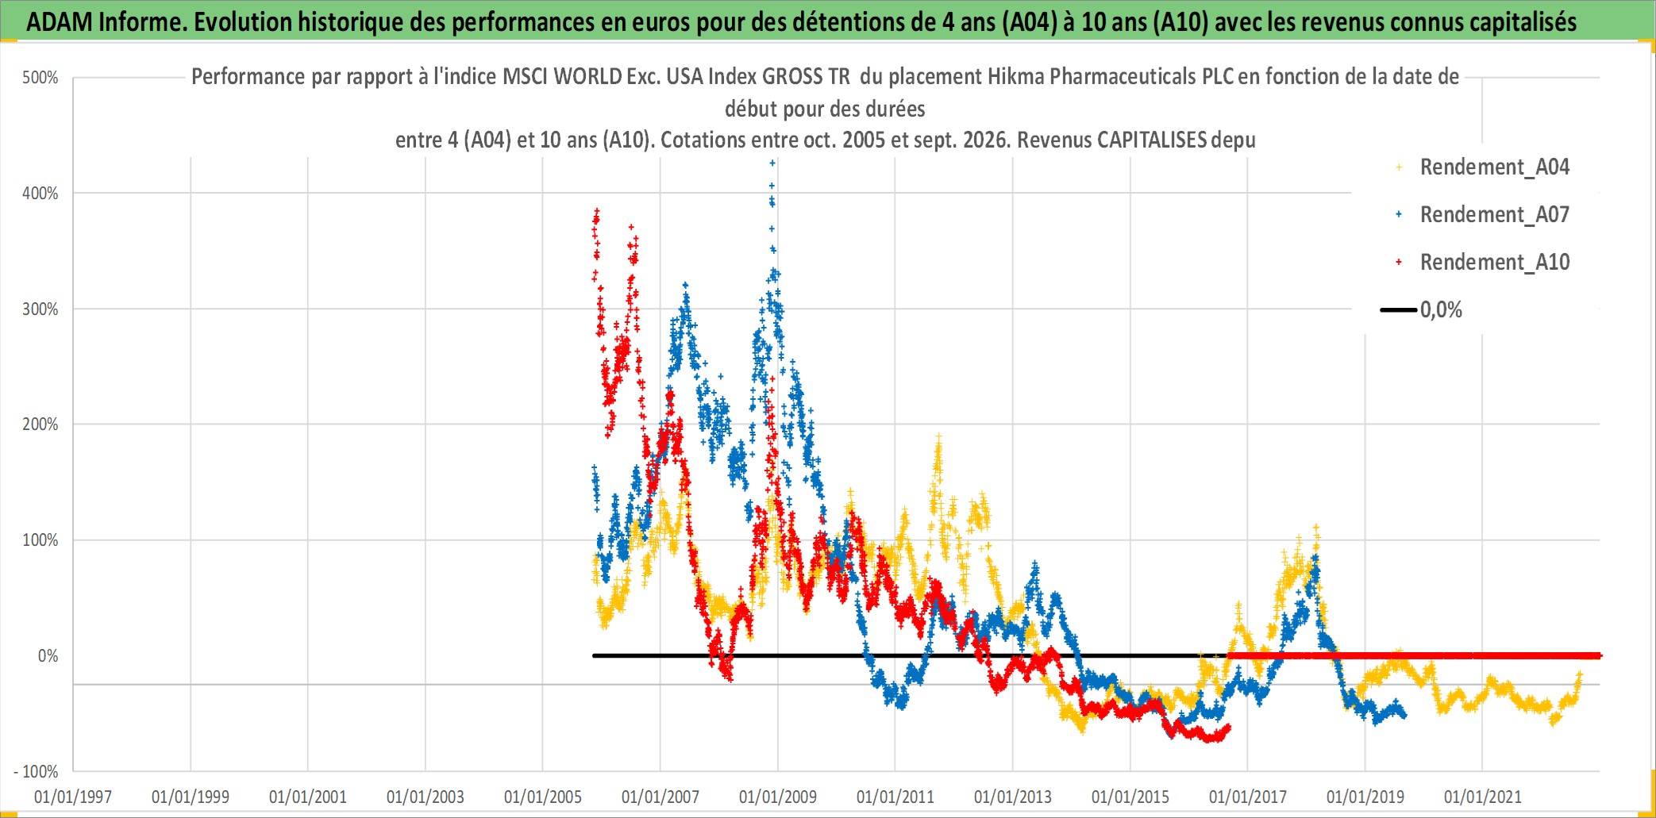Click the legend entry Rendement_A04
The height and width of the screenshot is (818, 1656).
point(1494,167)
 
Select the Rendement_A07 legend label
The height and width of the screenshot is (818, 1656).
point(1494,215)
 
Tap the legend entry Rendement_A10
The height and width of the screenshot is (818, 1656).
point(1494,263)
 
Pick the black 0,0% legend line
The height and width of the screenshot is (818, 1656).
point(1399,309)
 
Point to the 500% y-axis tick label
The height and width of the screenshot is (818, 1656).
point(40,78)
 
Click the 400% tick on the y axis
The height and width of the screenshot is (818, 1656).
point(40,194)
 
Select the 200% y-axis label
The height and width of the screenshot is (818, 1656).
point(40,424)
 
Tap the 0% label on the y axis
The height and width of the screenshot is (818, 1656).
point(48,656)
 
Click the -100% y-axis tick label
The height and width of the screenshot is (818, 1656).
point(37,771)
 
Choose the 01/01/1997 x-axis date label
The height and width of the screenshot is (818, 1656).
point(73,797)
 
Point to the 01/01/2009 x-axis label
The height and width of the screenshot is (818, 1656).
point(778,797)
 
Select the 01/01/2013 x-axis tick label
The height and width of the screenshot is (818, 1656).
point(1013,797)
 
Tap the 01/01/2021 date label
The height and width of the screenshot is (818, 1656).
point(1483,797)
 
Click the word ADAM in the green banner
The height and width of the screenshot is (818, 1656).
point(60,21)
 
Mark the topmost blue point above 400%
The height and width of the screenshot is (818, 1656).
point(772,163)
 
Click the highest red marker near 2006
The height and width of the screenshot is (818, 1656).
point(597,211)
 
